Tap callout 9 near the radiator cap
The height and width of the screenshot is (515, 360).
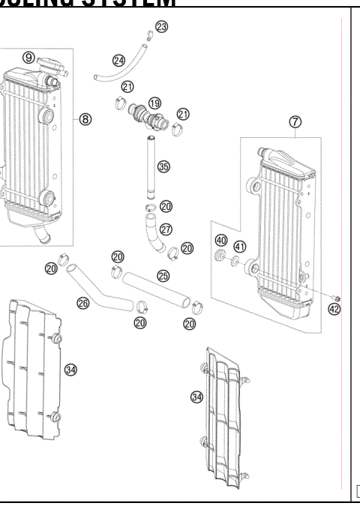[x=28, y=57]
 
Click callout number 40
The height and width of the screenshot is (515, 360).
[x=220, y=241]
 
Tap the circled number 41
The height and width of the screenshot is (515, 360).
[x=240, y=247]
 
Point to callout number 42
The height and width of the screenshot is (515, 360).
[x=334, y=309]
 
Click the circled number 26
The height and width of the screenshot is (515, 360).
[x=83, y=303]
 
